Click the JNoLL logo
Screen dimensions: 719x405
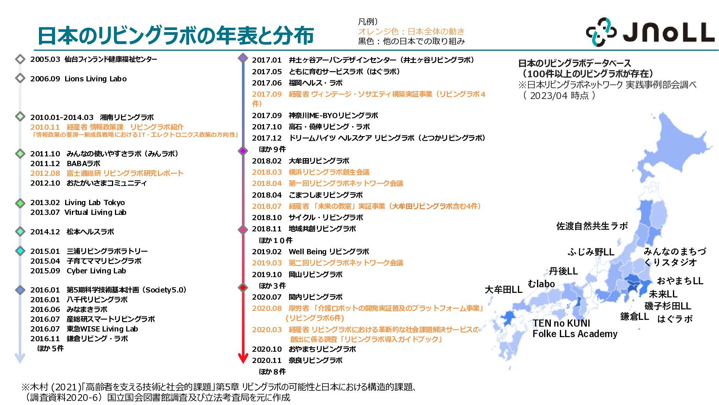coord(650,32)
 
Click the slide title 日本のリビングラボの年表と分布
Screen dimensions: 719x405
coord(175,36)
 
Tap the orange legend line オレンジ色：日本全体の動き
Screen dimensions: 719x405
coord(411,31)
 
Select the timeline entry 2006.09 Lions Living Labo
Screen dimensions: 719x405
coord(78,79)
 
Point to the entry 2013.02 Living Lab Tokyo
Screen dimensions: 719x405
coord(78,202)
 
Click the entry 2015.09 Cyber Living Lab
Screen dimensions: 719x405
coord(78,271)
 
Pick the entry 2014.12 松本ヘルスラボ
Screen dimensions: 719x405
coord(72,232)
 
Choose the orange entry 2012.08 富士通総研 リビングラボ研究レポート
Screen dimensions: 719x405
coord(107,173)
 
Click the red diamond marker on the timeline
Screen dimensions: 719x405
coord(243,288)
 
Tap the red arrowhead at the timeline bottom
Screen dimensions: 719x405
coord(243,358)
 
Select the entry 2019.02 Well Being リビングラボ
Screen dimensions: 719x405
coord(310,252)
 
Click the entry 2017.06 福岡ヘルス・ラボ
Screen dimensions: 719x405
coord(297,83)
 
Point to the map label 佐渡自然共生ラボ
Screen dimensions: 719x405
coord(592,226)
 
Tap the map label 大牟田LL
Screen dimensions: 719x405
coord(503,289)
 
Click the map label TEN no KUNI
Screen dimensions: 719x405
coord(561,323)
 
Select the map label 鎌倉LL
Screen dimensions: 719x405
coord(634,316)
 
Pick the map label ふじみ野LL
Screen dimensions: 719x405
coord(591,252)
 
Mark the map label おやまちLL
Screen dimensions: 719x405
coord(680,281)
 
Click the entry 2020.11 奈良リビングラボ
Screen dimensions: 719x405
coord(297,360)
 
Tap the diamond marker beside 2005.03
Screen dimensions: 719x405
coord(20,59)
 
